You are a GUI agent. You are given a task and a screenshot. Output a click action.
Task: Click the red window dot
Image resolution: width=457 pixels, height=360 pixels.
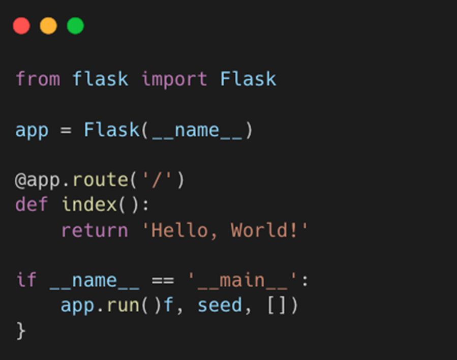click(x=21, y=26)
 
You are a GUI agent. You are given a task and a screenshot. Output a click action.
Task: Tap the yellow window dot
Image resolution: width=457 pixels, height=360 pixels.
click(x=48, y=26)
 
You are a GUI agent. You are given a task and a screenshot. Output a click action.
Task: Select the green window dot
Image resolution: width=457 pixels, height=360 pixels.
click(x=75, y=26)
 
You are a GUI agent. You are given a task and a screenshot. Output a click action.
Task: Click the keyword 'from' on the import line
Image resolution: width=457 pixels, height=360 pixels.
click(x=37, y=79)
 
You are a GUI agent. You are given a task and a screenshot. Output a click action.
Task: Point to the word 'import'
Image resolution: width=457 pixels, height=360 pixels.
click(x=174, y=79)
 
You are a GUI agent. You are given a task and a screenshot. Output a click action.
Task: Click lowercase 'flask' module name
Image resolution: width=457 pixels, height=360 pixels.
click(x=100, y=79)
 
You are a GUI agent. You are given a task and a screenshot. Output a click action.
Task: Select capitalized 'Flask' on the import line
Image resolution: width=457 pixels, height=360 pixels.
click(x=248, y=79)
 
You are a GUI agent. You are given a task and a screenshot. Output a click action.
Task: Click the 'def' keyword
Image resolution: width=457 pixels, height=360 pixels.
click(x=32, y=205)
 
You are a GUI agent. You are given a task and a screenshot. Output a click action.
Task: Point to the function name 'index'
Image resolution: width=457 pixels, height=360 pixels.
click(x=88, y=205)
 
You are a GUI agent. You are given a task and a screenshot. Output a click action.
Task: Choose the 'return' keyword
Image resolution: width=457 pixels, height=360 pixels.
click(x=94, y=230)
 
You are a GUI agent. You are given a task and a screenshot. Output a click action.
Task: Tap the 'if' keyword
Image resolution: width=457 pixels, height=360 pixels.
click(x=26, y=280)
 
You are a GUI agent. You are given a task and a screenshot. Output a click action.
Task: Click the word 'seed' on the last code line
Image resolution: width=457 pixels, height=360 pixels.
click(x=219, y=305)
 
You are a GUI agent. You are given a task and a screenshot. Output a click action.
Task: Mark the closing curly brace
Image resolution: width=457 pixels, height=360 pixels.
click(x=21, y=331)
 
